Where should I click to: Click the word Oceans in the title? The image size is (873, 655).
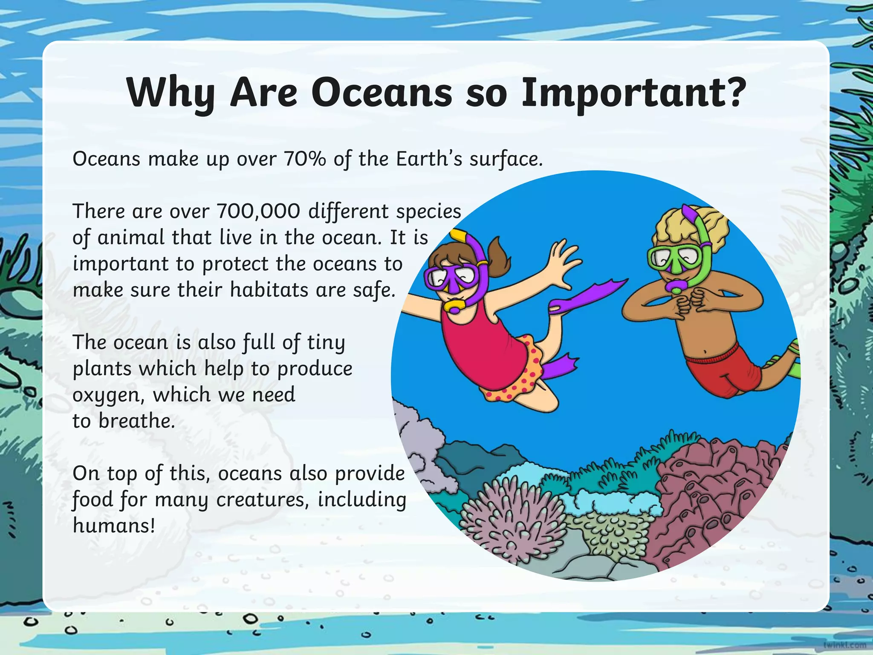coord(382,93)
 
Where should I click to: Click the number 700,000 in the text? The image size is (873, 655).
coord(259,212)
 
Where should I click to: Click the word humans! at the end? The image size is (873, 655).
coord(114,525)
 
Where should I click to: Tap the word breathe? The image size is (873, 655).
coord(137,421)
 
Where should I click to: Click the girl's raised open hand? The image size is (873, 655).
coord(563,260)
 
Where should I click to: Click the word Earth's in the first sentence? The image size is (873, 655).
coord(429,159)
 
